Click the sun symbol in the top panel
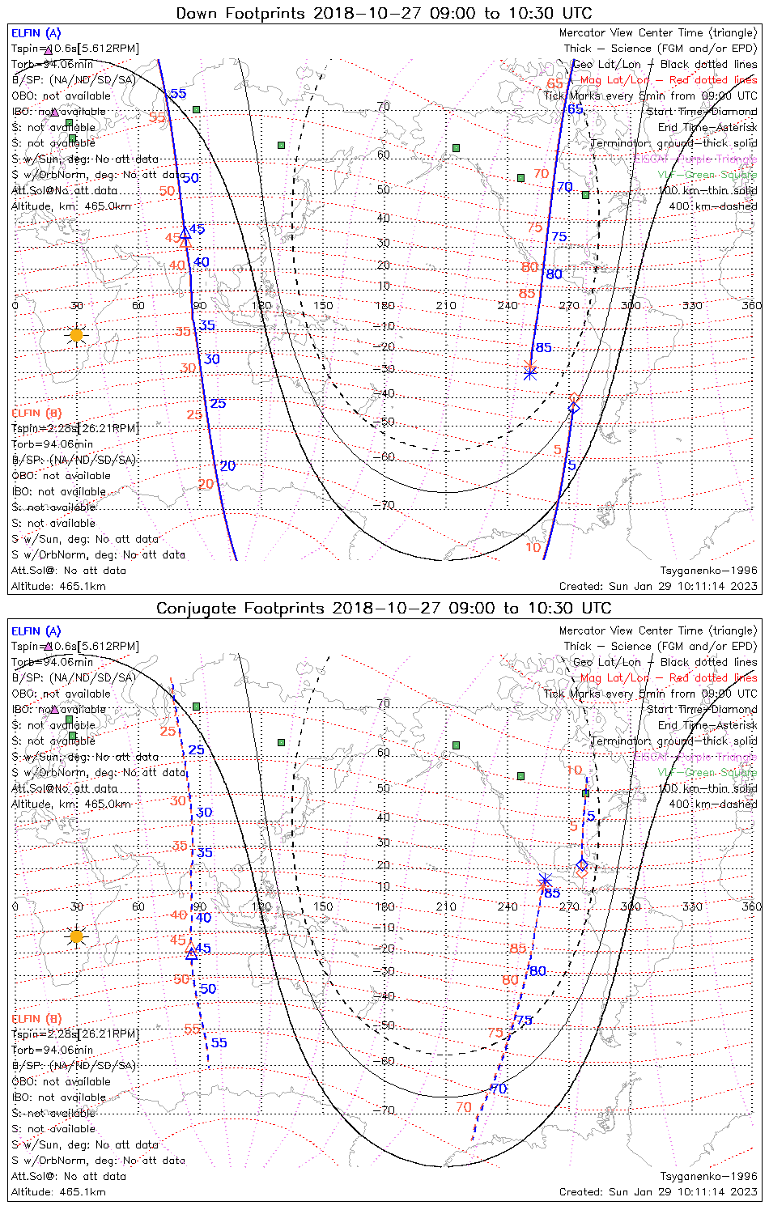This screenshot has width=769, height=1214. [x=76, y=334]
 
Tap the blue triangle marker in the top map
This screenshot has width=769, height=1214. [x=185, y=231]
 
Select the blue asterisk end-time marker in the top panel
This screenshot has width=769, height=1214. [x=530, y=373]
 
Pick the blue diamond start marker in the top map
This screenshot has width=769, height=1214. [x=573, y=408]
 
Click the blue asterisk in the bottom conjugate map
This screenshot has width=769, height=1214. [x=545, y=881]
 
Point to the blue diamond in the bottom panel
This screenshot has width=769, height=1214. [x=582, y=865]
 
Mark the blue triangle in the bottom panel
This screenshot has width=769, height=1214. [x=192, y=953]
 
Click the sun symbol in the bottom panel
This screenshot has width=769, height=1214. [x=76, y=936]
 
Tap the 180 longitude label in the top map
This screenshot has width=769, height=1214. [x=384, y=306]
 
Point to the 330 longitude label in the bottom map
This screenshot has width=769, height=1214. [x=692, y=906]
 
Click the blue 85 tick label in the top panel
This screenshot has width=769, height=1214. [x=544, y=348]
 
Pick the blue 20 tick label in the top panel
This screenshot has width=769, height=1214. [x=227, y=466]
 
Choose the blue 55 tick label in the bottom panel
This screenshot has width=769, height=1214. [x=219, y=1043]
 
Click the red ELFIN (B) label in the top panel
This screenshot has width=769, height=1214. [x=36, y=413]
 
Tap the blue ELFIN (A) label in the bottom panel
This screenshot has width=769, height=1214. [x=36, y=631]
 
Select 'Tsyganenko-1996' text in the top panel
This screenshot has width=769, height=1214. [x=709, y=571]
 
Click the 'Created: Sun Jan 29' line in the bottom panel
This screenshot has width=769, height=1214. [x=658, y=1191]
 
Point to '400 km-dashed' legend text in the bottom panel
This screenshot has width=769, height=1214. [x=713, y=804]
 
